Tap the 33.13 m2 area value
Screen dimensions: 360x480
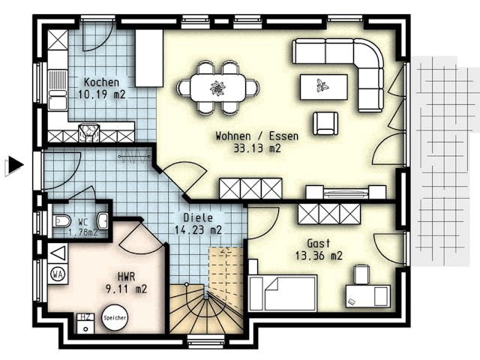pyautogui.click(x=256, y=148)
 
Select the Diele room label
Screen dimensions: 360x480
pyautogui.click(x=196, y=218)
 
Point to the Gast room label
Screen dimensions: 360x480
pyautogui.click(x=319, y=244)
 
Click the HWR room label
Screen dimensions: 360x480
pyautogui.click(x=127, y=275)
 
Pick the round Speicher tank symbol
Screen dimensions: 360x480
pyautogui.click(x=115, y=318)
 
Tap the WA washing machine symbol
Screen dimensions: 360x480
pyautogui.click(x=58, y=274)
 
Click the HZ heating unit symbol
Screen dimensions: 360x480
pyautogui.click(x=86, y=318)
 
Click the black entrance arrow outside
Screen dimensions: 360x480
pyautogui.click(x=14, y=165)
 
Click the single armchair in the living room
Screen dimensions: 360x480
pyautogui.click(x=325, y=123)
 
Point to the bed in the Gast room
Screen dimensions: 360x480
pyautogui.click(x=283, y=292)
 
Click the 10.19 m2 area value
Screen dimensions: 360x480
pyautogui.click(x=101, y=94)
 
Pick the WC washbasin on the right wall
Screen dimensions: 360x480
pyautogui.click(x=103, y=220)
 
